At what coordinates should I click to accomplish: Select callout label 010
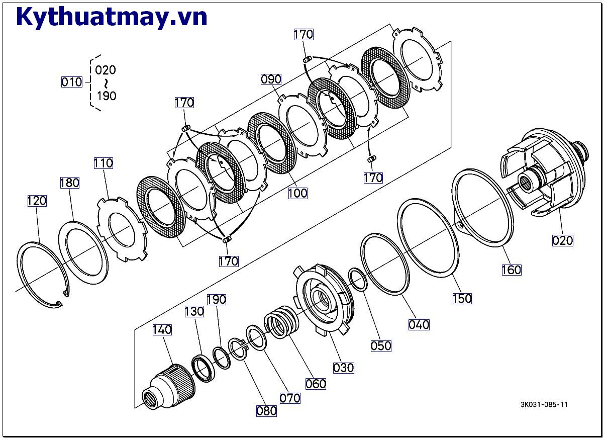[71, 81]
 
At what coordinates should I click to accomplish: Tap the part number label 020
[562, 240]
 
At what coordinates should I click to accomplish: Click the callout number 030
[344, 368]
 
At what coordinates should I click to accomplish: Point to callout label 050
[381, 346]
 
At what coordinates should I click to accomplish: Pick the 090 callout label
[271, 79]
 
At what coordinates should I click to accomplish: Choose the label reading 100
[297, 193]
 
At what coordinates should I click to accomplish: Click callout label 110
[103, 163]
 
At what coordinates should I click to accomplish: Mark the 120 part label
[37, 201]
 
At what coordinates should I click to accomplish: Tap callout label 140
[162, 329]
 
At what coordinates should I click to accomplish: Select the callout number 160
[511, 270]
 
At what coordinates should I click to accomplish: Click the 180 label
[70, 183]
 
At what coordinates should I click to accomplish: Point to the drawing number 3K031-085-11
[544, 404]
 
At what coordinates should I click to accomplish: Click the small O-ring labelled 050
[358, 280]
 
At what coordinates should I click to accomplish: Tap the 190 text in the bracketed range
[106, 96]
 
